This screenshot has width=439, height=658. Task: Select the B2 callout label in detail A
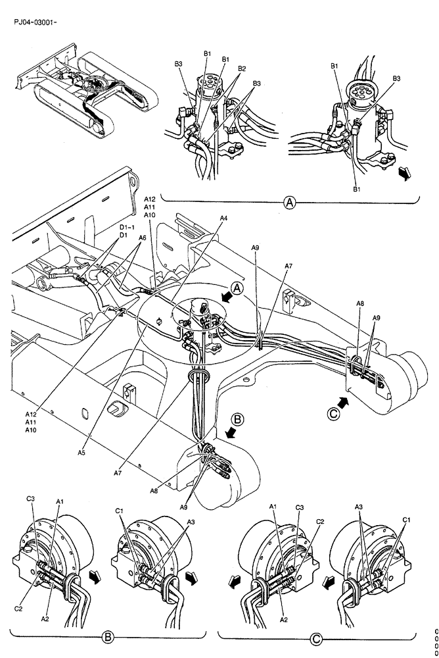tap(242, 69)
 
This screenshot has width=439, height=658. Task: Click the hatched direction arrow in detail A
tap(406, 173)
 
